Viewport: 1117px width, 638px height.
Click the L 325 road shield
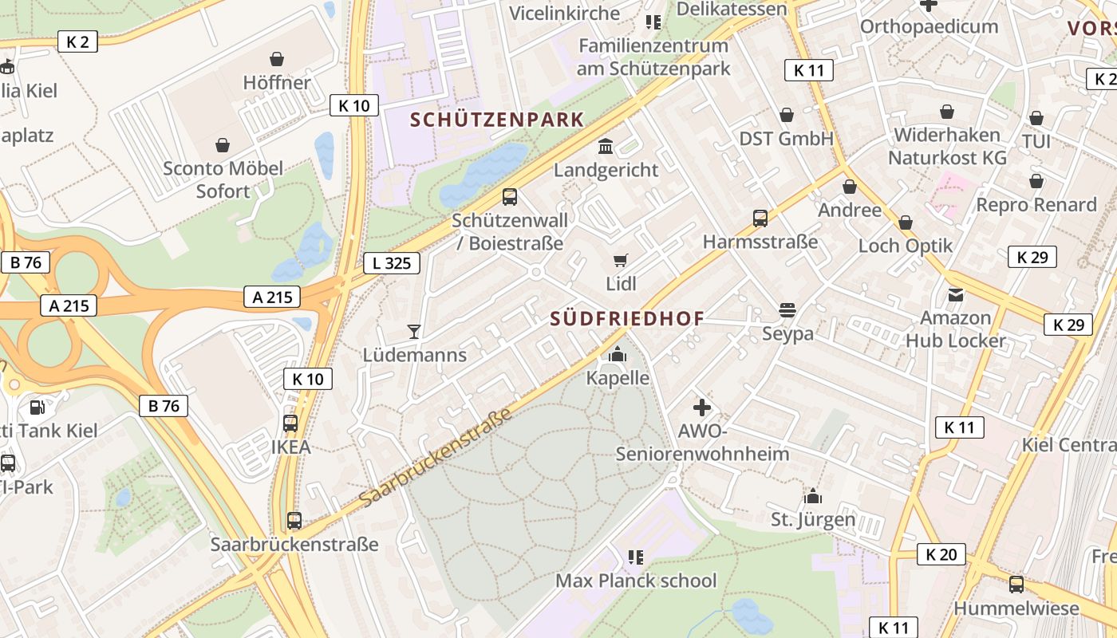tap(392, 262)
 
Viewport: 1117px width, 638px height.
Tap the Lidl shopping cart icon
tap(621, 260)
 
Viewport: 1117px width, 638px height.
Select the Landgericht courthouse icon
tap(606, 147)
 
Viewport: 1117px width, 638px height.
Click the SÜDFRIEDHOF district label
tap(627, 319)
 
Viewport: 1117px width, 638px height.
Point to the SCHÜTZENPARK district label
tap(497, 120)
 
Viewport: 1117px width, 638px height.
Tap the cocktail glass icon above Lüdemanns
tap(413, 331)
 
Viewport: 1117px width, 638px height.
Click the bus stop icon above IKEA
tap(290, 423)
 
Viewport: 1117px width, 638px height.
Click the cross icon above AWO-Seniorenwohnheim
tap(701, 408)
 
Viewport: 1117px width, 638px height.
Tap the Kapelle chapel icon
tap(618, 355)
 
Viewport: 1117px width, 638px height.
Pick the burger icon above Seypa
tap(787, 310)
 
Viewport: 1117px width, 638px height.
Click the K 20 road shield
tap(941, 554)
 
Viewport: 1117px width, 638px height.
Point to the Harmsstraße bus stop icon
tap(760, 218)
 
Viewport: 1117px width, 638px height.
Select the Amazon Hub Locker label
tap(956, 329)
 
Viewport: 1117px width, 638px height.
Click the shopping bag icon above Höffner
tap(277, 59)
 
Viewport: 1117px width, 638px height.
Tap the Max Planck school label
tap(636, 581)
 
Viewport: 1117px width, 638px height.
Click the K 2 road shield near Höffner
tap(77, 41)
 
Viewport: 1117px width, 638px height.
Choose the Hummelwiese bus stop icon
tap(1016, 585)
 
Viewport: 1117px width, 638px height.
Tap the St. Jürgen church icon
tap(812, 496)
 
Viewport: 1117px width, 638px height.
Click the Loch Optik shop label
tap(906, 245)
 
